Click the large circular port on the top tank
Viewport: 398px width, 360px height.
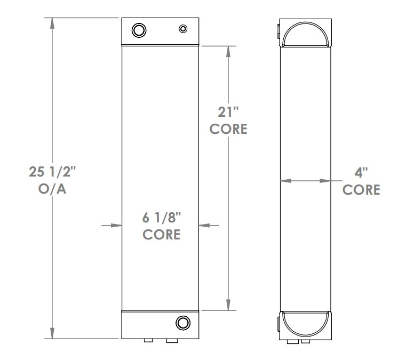(139, 30)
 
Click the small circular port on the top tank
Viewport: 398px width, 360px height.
(183, 28)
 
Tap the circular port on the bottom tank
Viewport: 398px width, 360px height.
(182, 322)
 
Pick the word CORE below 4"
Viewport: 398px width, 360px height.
(361, 190)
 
